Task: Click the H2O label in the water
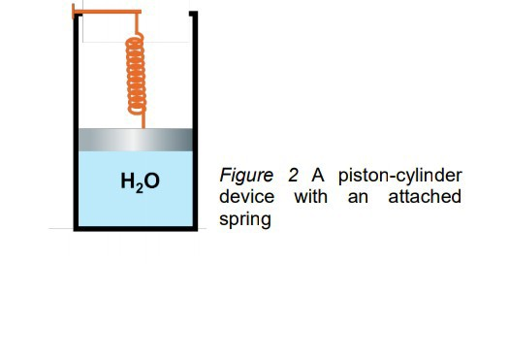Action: pos(140,180)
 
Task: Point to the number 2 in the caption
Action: pos(293,176)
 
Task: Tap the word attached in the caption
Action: pos(424,197)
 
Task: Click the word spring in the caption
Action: pos(245,219)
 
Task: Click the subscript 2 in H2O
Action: pos(141,184)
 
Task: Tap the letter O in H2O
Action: pos(152,180)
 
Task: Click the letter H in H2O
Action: pos(128,180)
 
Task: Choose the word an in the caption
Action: pos(355,197)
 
